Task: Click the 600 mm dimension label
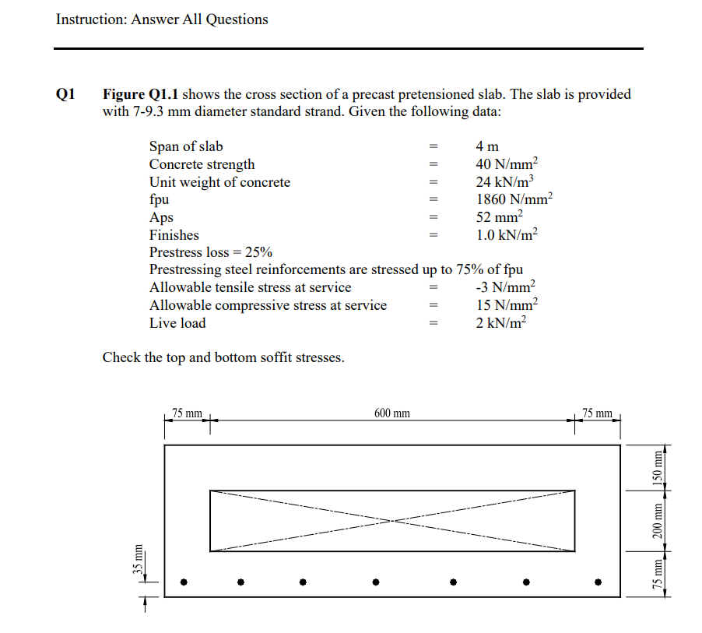[391, 413]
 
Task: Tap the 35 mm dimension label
[138, 559]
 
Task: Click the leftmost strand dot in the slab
[184, 581]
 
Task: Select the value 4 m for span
[486, 146]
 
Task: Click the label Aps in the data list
[161, 217]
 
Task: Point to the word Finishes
[174, 235]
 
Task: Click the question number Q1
[67, 95]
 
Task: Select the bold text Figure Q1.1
[141, 95]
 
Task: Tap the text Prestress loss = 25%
[210, 252]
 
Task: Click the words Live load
[177, 323]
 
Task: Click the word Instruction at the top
[85, 19]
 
